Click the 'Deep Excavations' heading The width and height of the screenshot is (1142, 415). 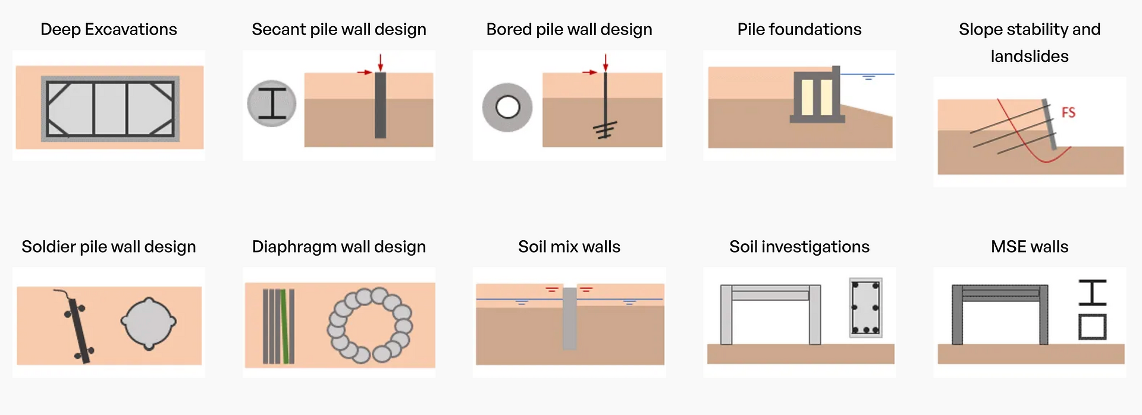coord(109,29)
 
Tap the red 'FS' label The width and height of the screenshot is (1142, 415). coord(1068,112)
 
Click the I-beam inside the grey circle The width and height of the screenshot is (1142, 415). coord(272,103)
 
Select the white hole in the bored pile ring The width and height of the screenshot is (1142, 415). coord(507,108)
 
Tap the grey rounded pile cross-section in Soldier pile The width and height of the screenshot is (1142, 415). coord(148,322)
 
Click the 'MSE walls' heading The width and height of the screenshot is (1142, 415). coord(1030,247)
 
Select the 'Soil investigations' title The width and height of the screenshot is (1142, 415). coord(799,247)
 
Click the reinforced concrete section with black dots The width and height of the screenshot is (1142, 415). coord(865,308)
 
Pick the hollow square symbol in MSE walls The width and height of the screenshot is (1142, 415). coord(1093,327)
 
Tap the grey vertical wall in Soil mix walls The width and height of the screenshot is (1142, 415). coord(570,319)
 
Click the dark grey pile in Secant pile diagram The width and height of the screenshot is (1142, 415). coord(380,105)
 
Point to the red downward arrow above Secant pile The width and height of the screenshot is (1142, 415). coord(380,62)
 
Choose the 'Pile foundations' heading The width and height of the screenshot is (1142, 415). coord(799,29)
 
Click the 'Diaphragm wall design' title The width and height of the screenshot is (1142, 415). coord(339,247)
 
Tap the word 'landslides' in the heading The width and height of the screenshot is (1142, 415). coord(1030,56)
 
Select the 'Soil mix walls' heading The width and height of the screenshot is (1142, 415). coord(569,247)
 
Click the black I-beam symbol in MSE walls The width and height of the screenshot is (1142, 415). coord(1093,293)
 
